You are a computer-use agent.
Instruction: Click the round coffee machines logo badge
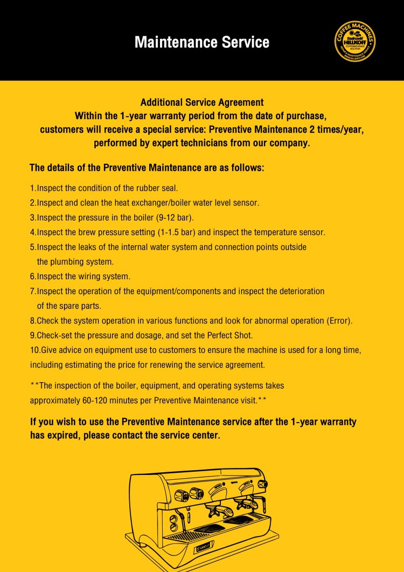tap(355, 42)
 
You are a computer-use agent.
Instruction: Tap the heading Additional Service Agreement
tap(202, 102)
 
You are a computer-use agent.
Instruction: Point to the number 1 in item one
tap(32, 188)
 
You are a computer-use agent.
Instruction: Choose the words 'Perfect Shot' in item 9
tap(230, 335)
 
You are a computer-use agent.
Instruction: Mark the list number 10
tap(34, 350)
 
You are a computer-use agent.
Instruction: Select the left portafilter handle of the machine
tap(212, 510)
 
